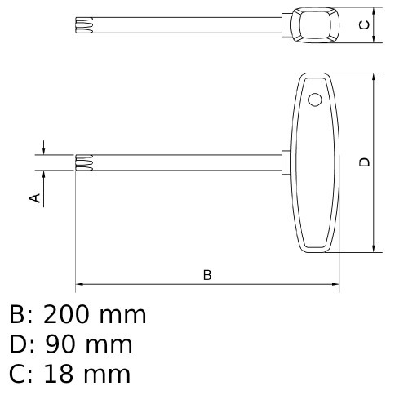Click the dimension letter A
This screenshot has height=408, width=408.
36,197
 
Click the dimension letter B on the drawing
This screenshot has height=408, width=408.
207,275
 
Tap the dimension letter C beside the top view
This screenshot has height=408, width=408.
365,24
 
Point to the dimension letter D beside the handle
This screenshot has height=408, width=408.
365,162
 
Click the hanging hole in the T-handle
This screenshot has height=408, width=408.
314,100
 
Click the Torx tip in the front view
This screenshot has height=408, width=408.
82,162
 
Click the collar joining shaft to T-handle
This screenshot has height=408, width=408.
287,162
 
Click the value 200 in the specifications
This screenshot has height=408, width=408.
69,314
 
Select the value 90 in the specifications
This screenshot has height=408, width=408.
59,344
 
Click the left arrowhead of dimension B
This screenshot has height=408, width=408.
79,286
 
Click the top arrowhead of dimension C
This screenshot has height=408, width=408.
374,11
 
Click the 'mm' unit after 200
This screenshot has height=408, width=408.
123,314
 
